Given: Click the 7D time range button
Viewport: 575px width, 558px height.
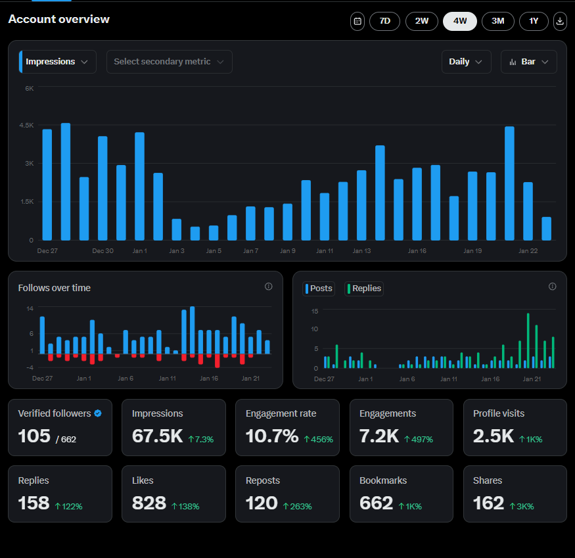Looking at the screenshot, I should (x=384, y=21).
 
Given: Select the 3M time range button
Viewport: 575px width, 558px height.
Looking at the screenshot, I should (x=497, y=21).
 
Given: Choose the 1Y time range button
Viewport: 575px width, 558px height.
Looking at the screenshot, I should (x=534, y=21).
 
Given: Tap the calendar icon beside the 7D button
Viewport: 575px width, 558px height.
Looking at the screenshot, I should (x=357, y=21).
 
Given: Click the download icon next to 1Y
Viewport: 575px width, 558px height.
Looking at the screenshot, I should (x=560, y=21).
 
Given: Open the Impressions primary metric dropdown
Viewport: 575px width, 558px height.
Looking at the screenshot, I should (x=58, y=62).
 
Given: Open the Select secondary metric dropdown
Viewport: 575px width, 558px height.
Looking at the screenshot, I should (x=169, y=62).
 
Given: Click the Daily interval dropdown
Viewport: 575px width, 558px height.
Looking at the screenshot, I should (x=466, y=62).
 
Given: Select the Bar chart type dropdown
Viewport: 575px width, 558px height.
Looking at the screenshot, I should (x=528, y=62).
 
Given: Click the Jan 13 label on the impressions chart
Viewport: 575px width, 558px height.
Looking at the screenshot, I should (x=361, y=251).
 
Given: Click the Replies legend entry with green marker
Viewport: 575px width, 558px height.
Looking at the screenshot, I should (x=363, y=289).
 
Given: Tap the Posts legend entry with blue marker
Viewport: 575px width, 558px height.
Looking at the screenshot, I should (x=319, y=289).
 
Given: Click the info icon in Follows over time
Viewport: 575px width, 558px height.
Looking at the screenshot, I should (x=268, y=287).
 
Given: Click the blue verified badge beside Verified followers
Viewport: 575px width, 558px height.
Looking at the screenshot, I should (x=98, y=413).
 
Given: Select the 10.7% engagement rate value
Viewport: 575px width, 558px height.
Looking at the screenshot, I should (x=271, y=436).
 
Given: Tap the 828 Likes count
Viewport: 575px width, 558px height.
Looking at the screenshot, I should (x=149, y=503).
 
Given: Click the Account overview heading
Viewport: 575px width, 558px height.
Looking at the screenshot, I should (x=59, y=19).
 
